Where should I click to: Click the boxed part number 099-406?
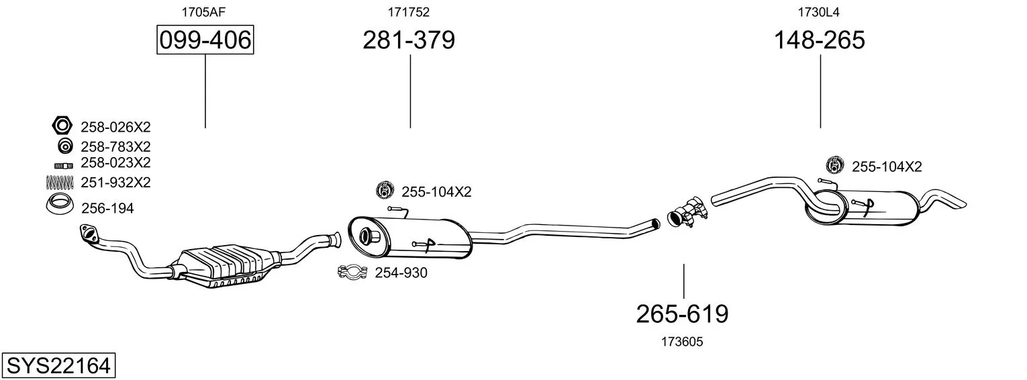click(x=205, y=40)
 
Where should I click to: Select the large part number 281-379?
click(x=409, y=40)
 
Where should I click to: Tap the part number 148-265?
click(x=820, y=40)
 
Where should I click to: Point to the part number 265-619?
click(x=682, y=314)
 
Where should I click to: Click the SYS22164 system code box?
click(x=58, y=366)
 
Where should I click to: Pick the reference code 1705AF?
click(x=203, y=12)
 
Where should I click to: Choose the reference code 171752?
click(x=409, y=12)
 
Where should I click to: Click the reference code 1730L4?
click(x=818, y=12)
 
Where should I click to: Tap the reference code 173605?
click(x=682, y=342)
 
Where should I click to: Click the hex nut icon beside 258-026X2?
click(x=62, y=125)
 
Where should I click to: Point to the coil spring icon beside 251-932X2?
click(x=60, y=183)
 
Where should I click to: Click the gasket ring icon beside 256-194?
click(x=60, y=205)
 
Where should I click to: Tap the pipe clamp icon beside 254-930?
click(x=352, y=273)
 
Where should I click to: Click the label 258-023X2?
click(x=115, y=162)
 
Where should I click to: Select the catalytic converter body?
click(x=225, y=266)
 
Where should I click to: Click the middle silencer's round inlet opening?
click(x=366, y=235)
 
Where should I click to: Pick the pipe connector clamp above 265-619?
click(x=687, y=213)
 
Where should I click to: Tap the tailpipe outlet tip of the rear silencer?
click(x=961, y=206)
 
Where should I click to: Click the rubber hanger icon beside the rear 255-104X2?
click(x=835, y=165)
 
